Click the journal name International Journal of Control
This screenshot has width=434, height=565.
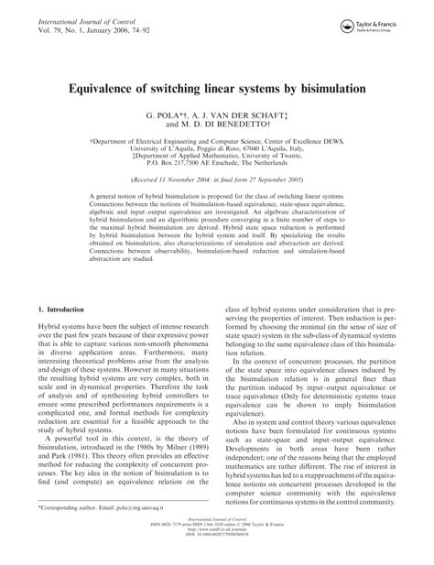79,15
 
